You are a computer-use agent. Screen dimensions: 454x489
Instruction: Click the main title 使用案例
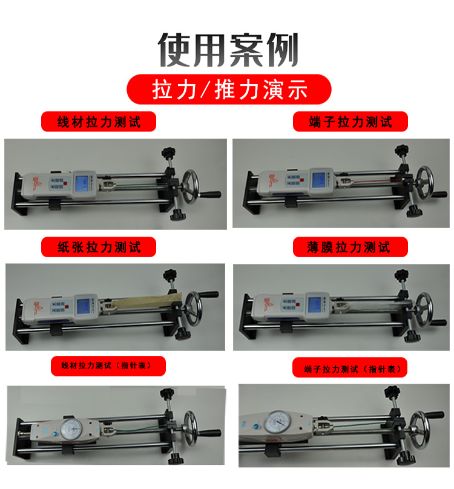click(228, 50)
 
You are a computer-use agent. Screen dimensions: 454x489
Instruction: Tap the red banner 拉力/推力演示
click(229, 89)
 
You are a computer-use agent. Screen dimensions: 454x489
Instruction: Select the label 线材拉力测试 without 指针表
click(99, 122)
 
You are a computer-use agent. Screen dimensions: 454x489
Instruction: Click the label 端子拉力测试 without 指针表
click(350, 122)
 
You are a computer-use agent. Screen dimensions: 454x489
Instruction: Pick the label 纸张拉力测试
click(99, 247)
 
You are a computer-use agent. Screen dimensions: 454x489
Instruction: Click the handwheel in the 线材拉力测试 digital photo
click(190, 186)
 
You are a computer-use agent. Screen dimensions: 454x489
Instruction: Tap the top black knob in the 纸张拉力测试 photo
click(170, 275)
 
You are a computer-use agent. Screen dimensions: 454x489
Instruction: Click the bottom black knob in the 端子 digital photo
click(415, 211)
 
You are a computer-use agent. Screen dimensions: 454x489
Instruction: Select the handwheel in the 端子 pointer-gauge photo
click(419, 430)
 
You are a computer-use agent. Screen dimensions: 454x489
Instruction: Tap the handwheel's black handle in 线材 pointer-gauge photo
click(210, 433)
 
